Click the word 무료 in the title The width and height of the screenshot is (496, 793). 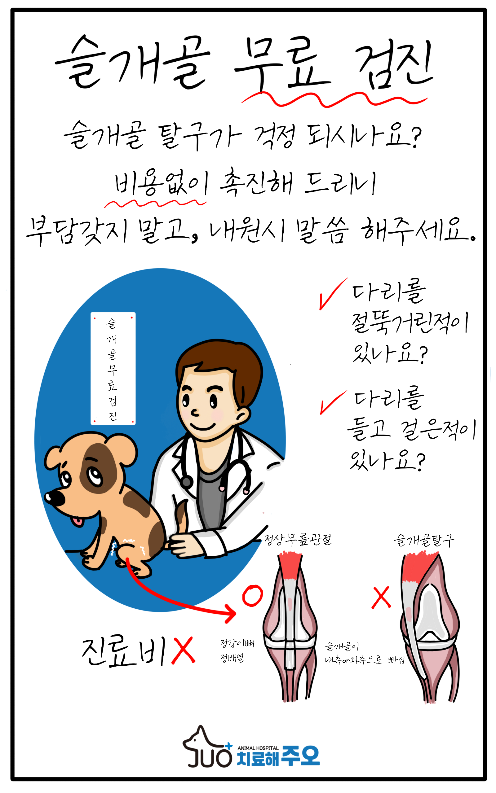pyautogui.click(x=282, y=64)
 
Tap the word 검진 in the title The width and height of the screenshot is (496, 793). pyautogui.click(x=395, y=64)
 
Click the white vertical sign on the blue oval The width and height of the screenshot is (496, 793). pyautogui.click(x=113, y=368)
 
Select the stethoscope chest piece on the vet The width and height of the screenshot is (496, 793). pyautogui.click(x=187, y=482)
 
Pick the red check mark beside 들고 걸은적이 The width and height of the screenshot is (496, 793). pyautogui.click(x=333, y=402)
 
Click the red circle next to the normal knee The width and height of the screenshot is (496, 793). pyautogui.click(x=252, y=595)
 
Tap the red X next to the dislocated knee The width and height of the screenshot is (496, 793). pyautogui.click(x=381, y=597)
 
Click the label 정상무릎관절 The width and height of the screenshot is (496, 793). pyautogui.click(x=298, y=539)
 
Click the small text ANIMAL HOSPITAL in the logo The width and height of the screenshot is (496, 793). pyautogui.click(x=258, y=748)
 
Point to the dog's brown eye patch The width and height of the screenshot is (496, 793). pyautogui.click(x=98, y=469)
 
